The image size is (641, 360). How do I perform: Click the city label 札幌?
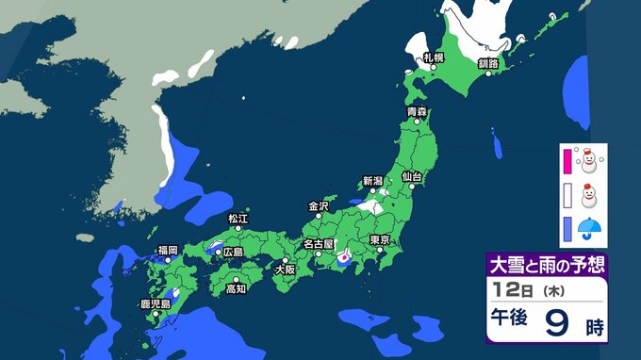point(433,57)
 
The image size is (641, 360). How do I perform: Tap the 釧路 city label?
point(487,63)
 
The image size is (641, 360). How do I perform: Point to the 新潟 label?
point(373,181)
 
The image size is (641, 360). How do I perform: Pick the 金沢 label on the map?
point(319,205)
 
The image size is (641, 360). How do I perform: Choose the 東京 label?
point(380,239)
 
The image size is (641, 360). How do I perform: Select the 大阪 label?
point(284,269)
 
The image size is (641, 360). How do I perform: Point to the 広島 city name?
point(232,252)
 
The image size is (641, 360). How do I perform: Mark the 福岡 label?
point(168,250)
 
